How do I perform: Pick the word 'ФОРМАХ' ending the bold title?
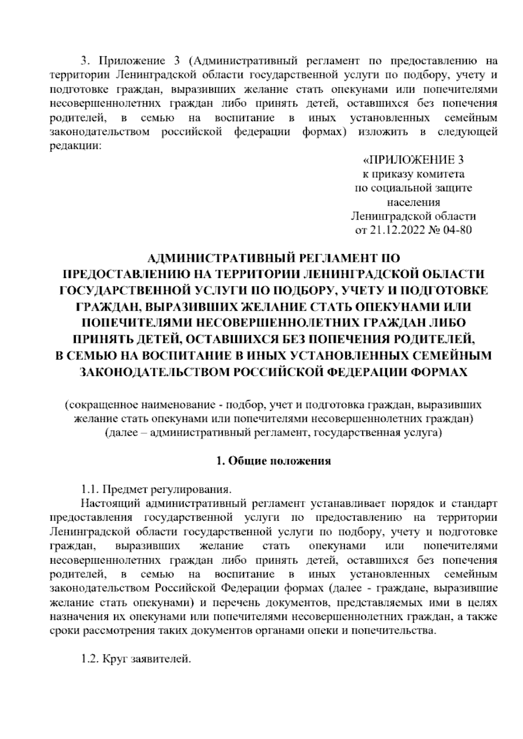(x=440, y=372)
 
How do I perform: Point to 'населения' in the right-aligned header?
(x=413, y=202)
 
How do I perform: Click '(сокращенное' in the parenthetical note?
(x=101, y=405)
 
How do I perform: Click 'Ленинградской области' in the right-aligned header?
(x=413, y=216)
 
